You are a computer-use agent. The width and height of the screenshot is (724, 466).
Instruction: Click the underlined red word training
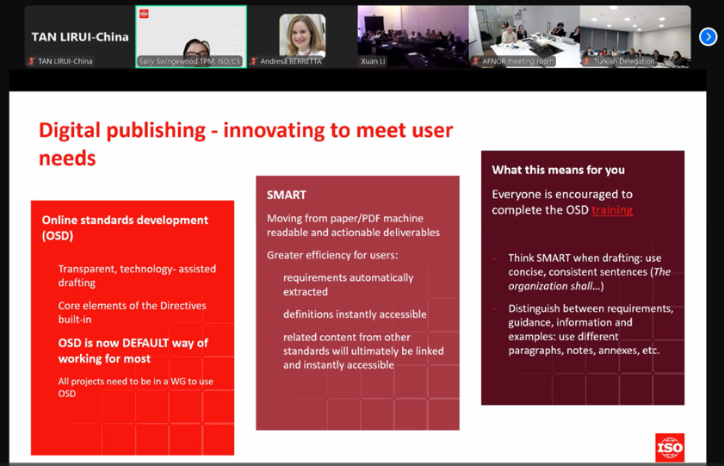point(612,210)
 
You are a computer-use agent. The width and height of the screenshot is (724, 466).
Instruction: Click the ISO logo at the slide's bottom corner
point(670,448)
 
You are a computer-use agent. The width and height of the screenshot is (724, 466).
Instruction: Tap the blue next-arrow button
point(708,37)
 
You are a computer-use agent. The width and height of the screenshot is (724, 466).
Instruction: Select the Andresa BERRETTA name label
point(290,61)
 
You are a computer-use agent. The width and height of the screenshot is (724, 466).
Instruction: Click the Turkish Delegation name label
point(624,61)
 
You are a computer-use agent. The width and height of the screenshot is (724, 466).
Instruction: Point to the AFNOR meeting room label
point(517,61)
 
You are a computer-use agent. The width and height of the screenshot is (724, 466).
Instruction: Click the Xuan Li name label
point(373,61)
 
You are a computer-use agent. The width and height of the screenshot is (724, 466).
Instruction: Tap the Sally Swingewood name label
point(189,61)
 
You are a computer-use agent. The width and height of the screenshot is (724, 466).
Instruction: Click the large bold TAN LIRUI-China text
point(80,37)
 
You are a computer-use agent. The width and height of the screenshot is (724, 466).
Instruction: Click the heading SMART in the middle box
point(287,195)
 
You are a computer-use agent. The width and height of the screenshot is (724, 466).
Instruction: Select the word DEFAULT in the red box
point(145,343)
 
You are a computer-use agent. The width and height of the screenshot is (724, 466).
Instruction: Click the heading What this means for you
point(558,170)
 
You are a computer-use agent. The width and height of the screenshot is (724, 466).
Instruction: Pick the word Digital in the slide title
point(69,131)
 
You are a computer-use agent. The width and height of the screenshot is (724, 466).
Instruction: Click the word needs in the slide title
point(67,158)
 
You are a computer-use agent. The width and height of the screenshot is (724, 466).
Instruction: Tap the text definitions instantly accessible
point(355,314)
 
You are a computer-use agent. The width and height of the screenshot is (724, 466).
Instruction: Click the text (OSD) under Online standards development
point(58,236)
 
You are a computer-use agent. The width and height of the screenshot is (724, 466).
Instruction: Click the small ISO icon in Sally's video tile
point(144,14)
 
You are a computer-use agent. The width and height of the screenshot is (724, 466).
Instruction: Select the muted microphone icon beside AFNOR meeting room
point(475,61)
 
